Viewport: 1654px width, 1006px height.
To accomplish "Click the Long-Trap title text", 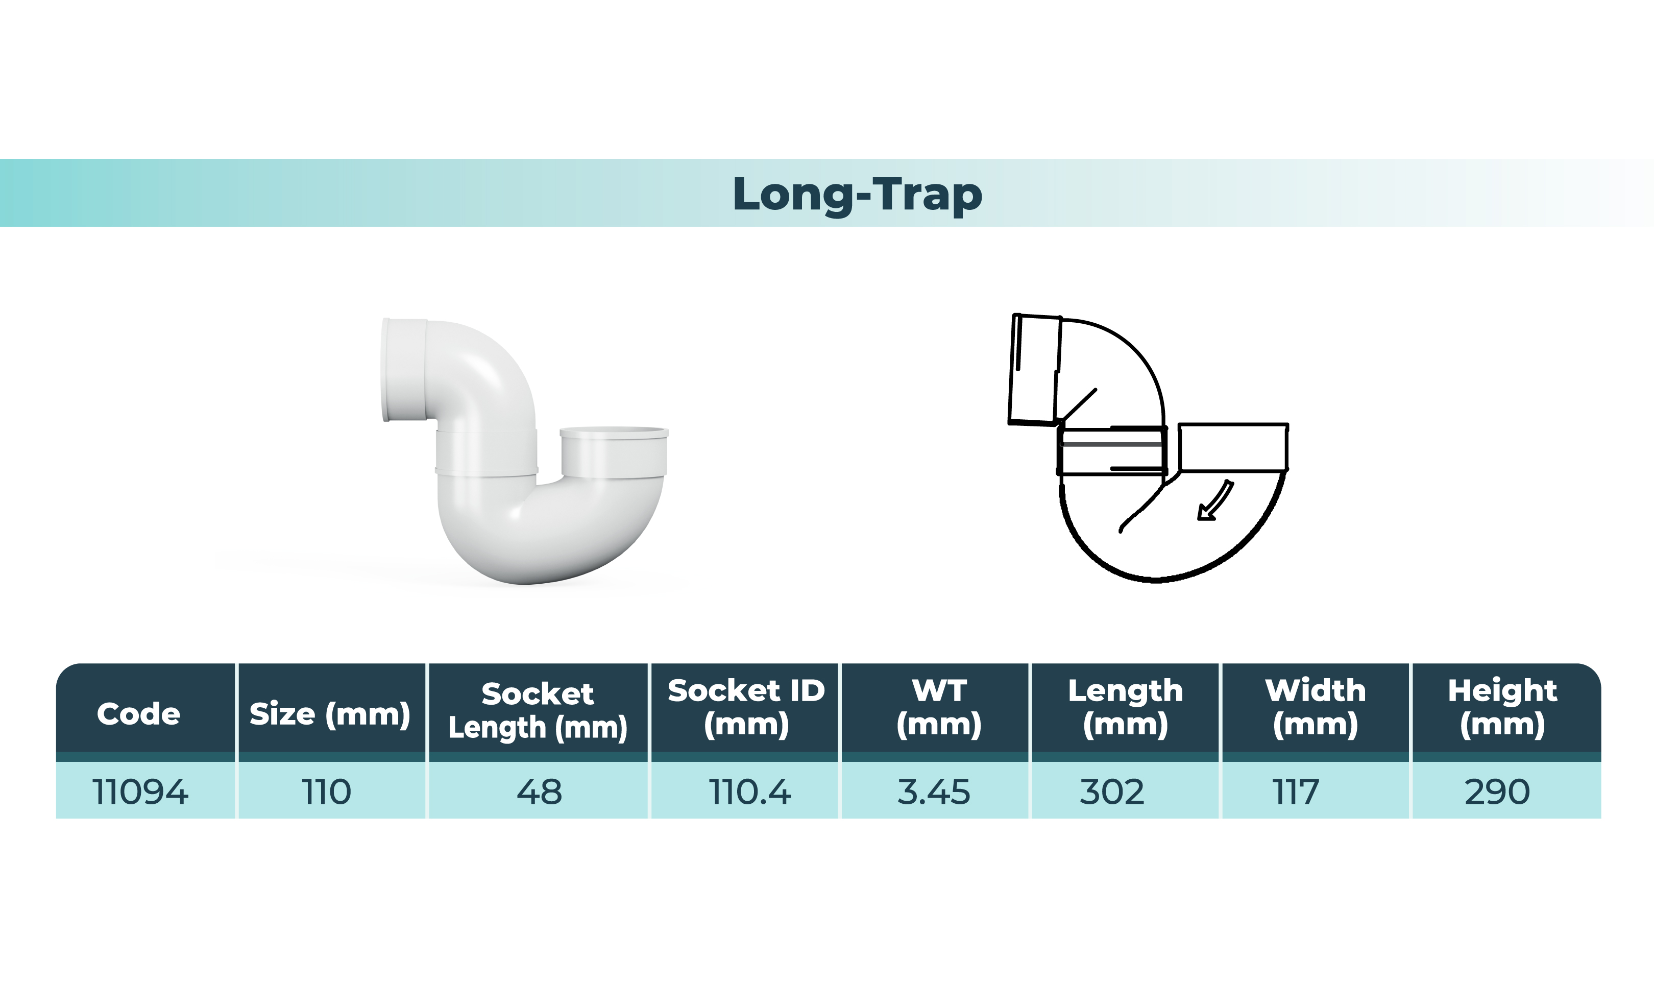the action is (x=857, y=194).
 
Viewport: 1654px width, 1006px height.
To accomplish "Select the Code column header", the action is (x=138, y=714).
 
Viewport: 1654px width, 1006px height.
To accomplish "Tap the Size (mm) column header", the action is (x=330, y=714).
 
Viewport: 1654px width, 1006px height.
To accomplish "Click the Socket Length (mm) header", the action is (x=538, y=710).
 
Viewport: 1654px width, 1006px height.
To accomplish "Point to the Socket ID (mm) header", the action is (x=746, y=708).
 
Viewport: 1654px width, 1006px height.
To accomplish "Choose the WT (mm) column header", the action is (x=938, y=708).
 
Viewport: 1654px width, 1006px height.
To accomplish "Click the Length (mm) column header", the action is (x=1125, y=708).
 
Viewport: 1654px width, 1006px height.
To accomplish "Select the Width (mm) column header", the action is (x=1315, y=708).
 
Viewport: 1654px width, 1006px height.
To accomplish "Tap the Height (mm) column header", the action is (x=1502, y=708).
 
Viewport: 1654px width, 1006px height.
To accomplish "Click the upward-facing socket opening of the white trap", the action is (x=614, y=432).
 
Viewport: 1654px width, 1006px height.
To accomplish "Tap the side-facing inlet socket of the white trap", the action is (x=404, y=370).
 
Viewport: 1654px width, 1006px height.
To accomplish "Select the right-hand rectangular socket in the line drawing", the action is (x=1233, y=447).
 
